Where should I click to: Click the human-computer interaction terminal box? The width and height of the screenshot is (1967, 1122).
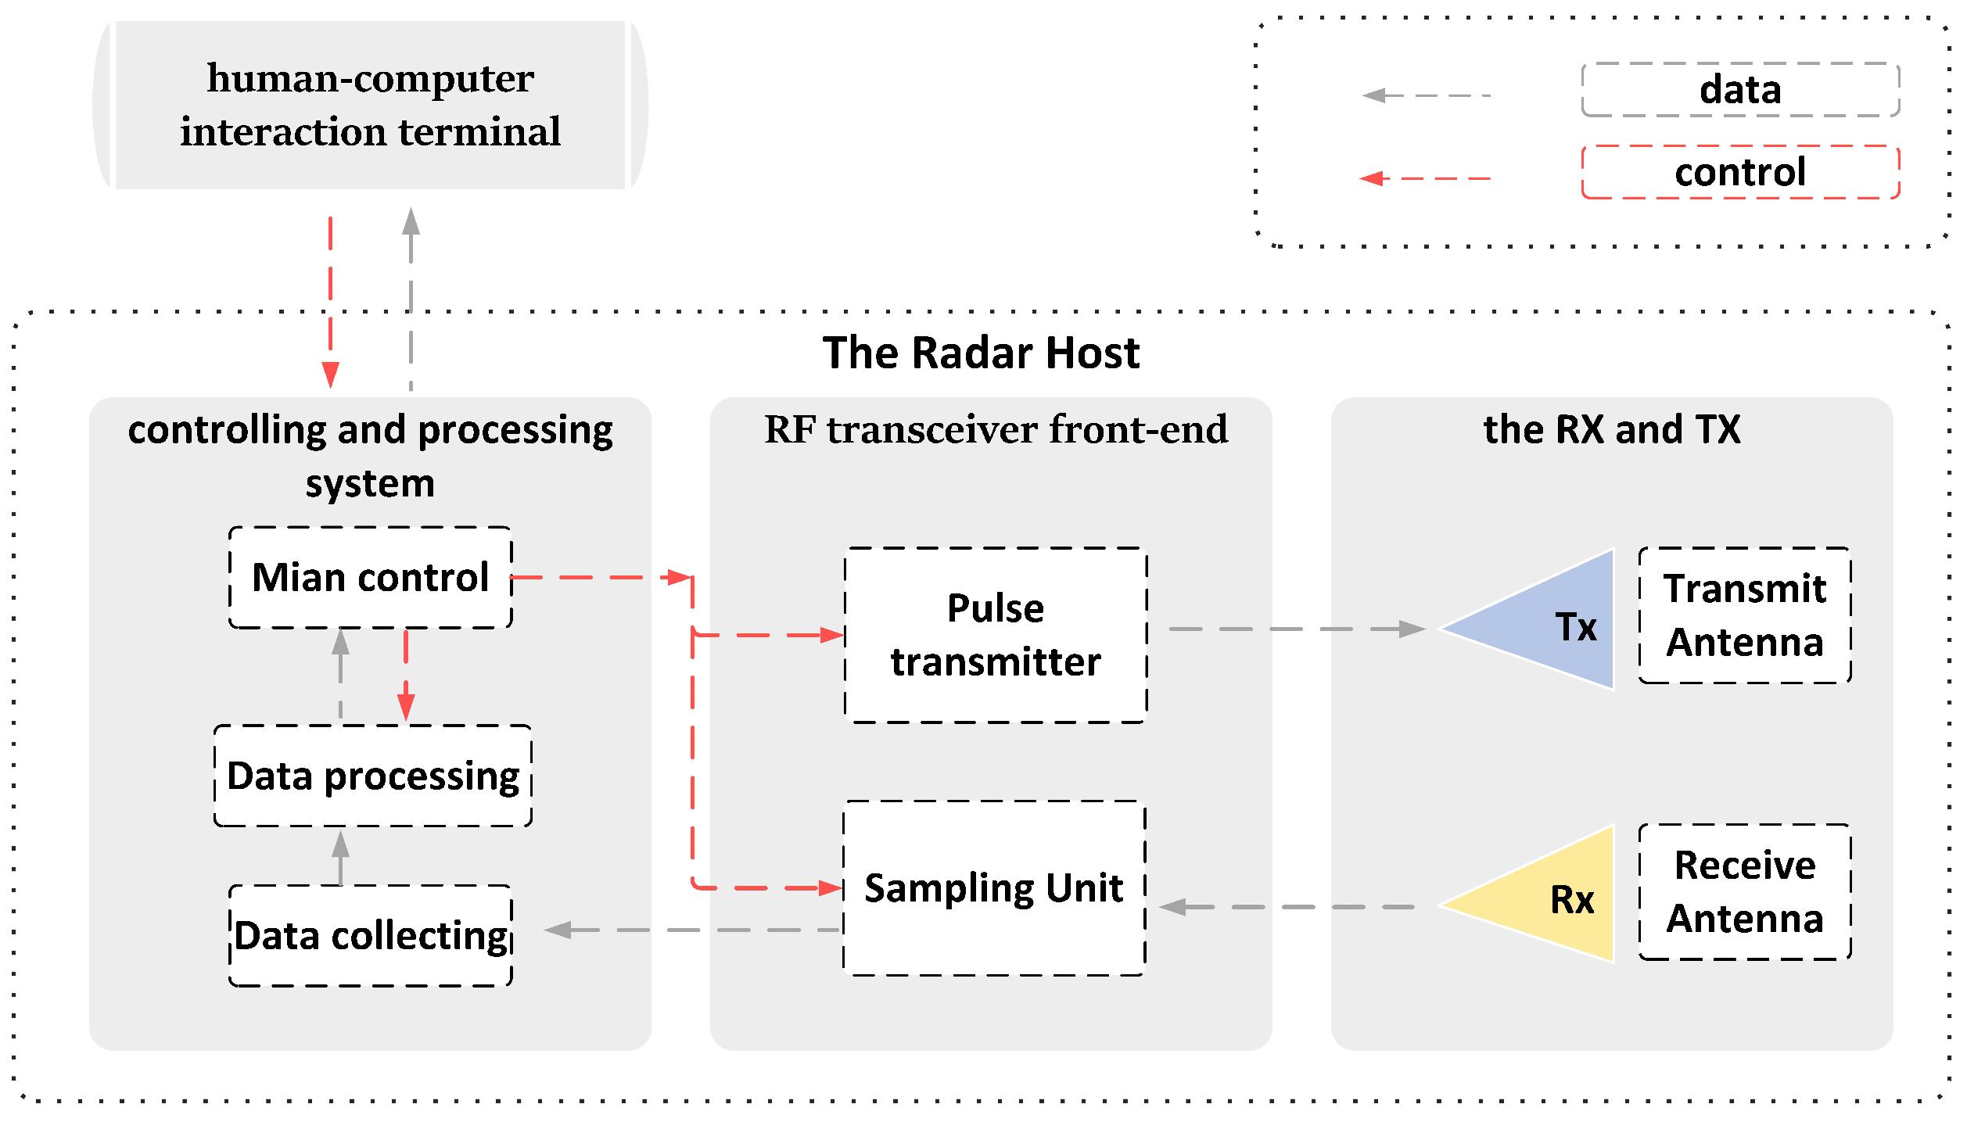click(x=370, y=105)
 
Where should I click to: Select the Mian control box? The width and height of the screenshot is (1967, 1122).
click(x=370, y=577)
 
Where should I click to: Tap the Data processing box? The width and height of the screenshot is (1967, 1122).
click(x=372, y=776)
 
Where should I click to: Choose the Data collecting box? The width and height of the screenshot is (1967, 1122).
click(x=370, y=935)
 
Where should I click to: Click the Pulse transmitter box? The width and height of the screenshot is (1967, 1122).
click(x=995, y=634)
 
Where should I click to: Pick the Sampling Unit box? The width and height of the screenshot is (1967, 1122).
click(x=993, y=887)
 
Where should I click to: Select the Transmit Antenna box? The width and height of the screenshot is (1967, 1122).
click(x=1744, y=615)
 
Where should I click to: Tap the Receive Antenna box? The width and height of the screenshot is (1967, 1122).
click(x=1744, y=891)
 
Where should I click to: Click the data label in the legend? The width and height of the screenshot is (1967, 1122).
click(x=1740, y=89)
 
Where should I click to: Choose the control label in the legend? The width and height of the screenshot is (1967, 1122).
click(x=1740, y=171)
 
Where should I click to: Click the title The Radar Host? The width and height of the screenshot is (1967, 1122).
click(x=981, y=353)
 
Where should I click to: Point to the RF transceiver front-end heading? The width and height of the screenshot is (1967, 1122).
click(x=995, y=429)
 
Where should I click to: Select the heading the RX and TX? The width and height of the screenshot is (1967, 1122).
click(x=1611, y=429)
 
